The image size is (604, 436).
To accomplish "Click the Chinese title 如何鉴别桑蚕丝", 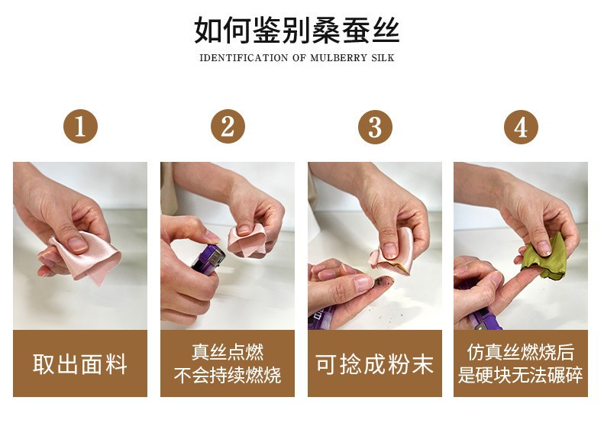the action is pos(296,30).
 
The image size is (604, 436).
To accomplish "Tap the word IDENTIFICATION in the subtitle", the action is pos(244,58).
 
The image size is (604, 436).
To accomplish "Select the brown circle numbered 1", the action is pos(80,127).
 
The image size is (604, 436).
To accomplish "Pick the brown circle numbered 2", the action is pos(228,127).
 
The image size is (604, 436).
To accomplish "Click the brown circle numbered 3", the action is pos(375,127).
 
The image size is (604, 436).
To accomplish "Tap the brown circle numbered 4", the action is pos(521,127).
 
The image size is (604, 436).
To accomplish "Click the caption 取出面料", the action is pos(80,363).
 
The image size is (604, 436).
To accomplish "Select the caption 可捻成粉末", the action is pos(375,363).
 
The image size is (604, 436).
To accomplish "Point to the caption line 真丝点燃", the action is pos(228,352).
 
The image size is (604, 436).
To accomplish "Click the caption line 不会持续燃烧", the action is pos(228,375).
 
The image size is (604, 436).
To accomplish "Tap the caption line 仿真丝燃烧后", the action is pos(521,352).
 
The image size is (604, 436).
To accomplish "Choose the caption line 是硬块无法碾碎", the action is pos(521,375).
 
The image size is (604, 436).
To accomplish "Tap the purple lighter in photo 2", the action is pos(208,260).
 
